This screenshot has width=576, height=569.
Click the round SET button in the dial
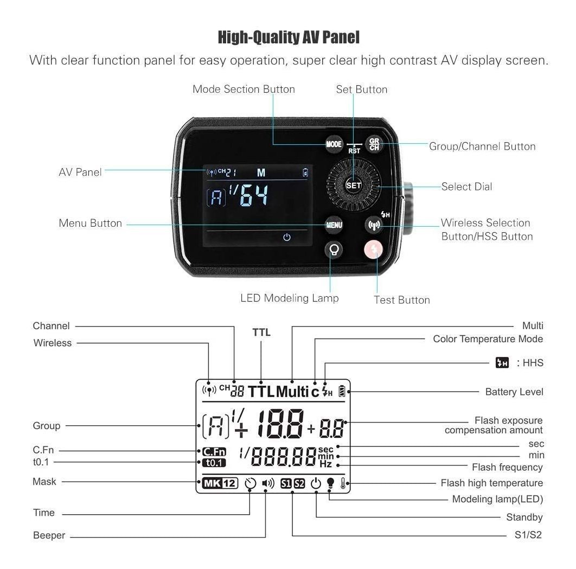pos(353,185)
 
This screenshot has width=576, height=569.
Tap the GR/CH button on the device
pos(374,144)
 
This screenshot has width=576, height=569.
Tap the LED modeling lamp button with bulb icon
pos(334,250)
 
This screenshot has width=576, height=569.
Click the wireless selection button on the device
pos(373,224)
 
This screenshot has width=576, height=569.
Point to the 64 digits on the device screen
pos(254,196)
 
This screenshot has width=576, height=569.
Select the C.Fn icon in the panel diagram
pos(212,451)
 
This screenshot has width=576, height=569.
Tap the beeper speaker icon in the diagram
pos(268,483)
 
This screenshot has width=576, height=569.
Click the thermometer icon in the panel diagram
pos(343,483)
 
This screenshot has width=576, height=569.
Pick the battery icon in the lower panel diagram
pos(342,391)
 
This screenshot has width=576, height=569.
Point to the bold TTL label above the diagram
pos(261,333)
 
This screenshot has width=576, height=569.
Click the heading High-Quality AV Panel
pos(288,37)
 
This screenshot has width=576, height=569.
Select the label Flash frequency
pos(507,467)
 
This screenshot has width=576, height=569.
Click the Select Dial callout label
pos(466,187)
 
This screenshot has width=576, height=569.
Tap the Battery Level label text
pos(514,392)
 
